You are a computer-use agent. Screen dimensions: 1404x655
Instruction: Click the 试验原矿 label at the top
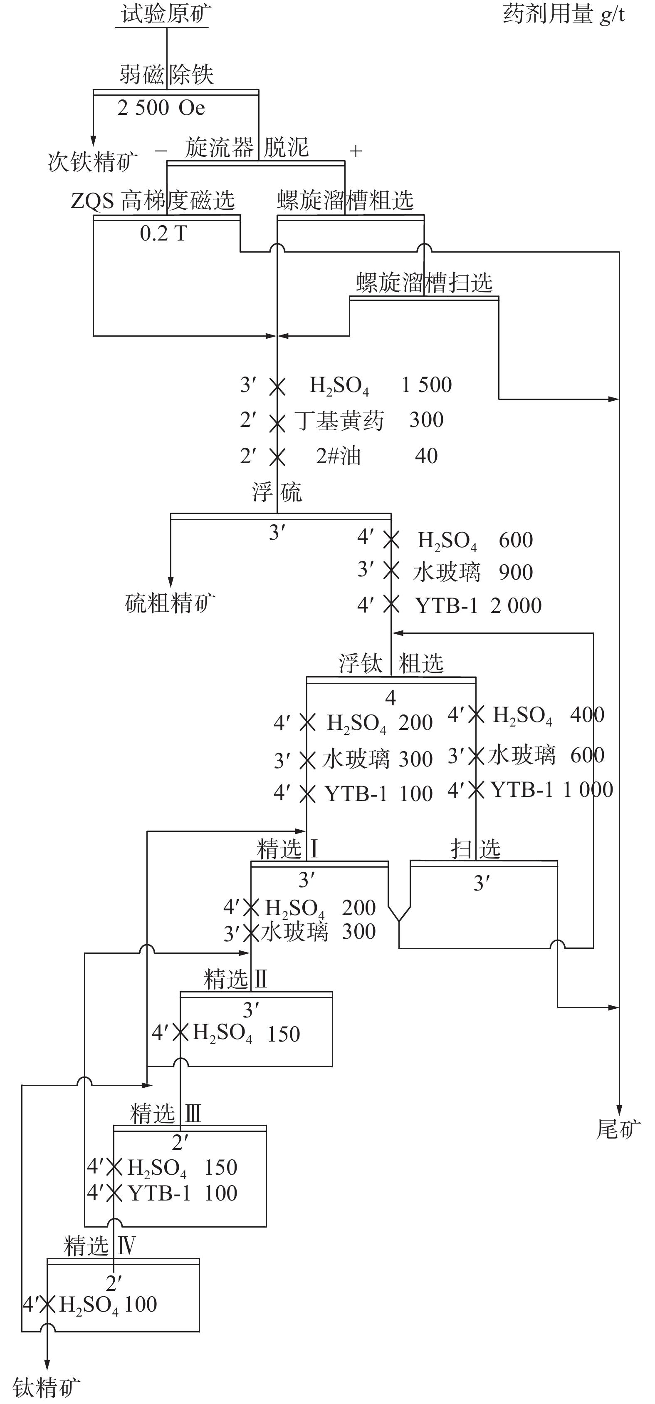(x=166, y=14)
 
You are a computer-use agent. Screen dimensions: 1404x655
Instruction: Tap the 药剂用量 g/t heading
(x=564, y=14)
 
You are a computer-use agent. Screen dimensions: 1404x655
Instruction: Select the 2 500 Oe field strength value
(x=161, y=108)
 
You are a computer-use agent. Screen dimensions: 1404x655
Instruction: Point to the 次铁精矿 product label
(x=93, y=161)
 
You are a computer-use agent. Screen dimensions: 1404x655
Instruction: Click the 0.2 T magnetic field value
(x=163, y=233)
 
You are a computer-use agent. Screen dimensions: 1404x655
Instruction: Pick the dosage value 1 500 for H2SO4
(x=427, y=385)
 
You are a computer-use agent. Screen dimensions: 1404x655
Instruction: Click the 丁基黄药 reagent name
(x=339, y=420)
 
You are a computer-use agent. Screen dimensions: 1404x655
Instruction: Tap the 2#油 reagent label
(x=339, y=456)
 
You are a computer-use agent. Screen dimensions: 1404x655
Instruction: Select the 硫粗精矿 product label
(x=170, y=603)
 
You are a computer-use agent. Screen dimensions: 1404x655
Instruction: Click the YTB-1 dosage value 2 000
(x=516, y=605)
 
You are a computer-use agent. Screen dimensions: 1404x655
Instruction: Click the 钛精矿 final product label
(x=47, y=1387)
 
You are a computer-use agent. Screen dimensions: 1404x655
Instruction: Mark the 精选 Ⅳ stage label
(x=100, y=1246)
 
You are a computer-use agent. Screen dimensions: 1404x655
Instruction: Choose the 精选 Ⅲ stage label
(x=166, y=1114)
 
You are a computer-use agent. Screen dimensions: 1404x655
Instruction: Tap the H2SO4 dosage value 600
(x=516, y=540)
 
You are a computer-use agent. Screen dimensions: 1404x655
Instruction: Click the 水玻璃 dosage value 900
(x=516, y=572)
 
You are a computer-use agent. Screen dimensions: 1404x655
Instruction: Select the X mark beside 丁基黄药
(x=277, y=422)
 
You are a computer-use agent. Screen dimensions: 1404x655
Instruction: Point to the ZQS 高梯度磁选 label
(x=153, y=201)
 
